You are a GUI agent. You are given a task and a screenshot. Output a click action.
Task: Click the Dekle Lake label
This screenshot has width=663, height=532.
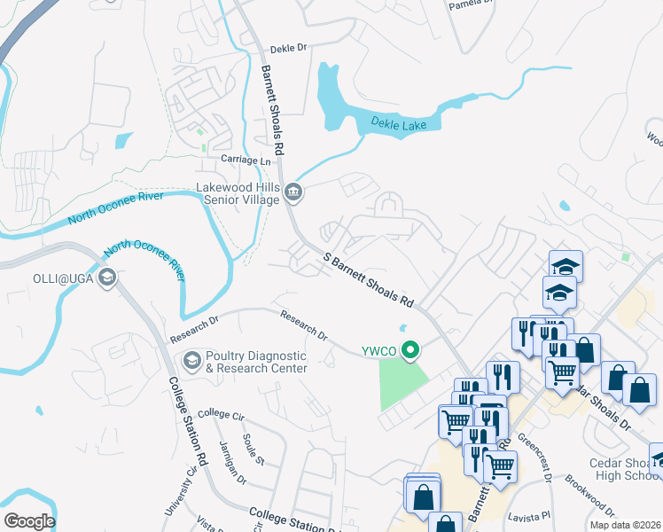pyautogui.click(x=398, y=124)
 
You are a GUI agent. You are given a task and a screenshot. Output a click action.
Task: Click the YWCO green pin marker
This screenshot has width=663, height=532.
pyautogui.click(x=409, y=351)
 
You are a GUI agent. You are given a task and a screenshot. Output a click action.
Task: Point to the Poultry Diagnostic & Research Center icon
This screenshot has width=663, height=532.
pyautogui.click(x=191, y=361)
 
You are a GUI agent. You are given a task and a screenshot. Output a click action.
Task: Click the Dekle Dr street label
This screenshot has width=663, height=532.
pyautogui.click(x=287, y=51)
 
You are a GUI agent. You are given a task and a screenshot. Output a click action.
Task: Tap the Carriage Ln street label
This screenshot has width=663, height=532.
pyautogui.click(x=246, y=161)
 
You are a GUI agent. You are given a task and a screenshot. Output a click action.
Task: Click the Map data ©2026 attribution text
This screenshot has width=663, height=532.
pyautogui.click(x=625, y=525)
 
